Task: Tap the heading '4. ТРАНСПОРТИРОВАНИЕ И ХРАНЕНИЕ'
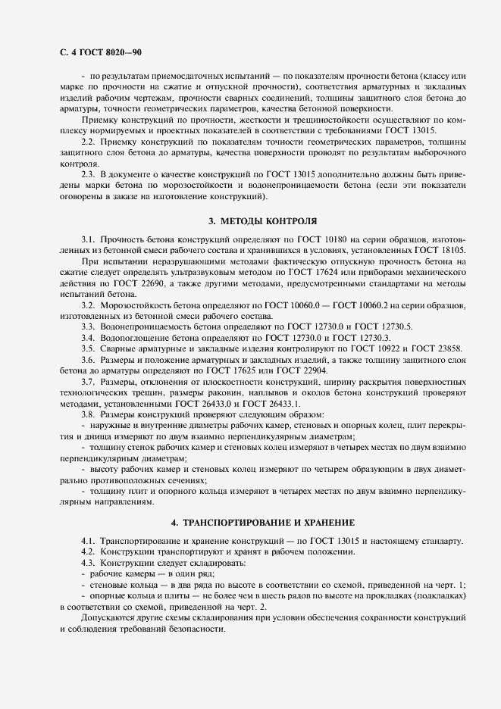point(262,523)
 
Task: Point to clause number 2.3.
point(89,174)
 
